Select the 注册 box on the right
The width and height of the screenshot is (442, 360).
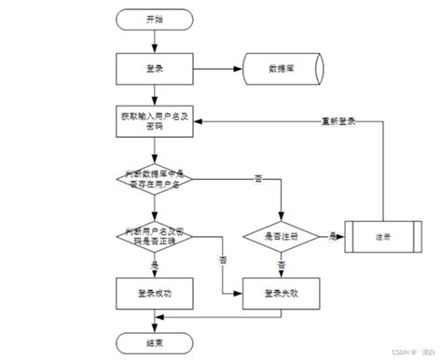pos(382,236)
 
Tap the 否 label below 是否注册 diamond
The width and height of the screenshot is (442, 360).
pos(281,264)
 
